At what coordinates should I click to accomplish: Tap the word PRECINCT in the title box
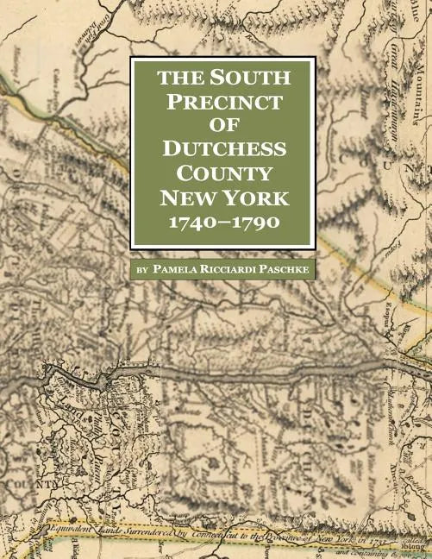[x=222, y=102]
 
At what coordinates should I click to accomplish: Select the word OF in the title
[x=222, y=126]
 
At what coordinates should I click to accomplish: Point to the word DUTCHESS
[x=222, y=149]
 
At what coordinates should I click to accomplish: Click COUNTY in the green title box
[x=222, y=173]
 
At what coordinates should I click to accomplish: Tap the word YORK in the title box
[x=254, y=198]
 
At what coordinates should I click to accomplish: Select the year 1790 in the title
[x=255, y=223]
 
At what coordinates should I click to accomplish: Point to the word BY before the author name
[x=142, y=270]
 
